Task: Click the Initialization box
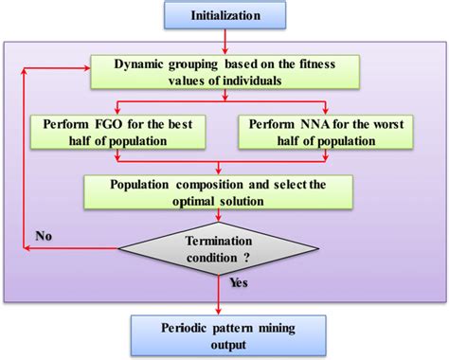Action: tap(224, 15)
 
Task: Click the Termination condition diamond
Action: tap(224, 248)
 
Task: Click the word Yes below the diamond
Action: tap(240, 281)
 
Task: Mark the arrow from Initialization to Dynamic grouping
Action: tap(224, 41)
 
